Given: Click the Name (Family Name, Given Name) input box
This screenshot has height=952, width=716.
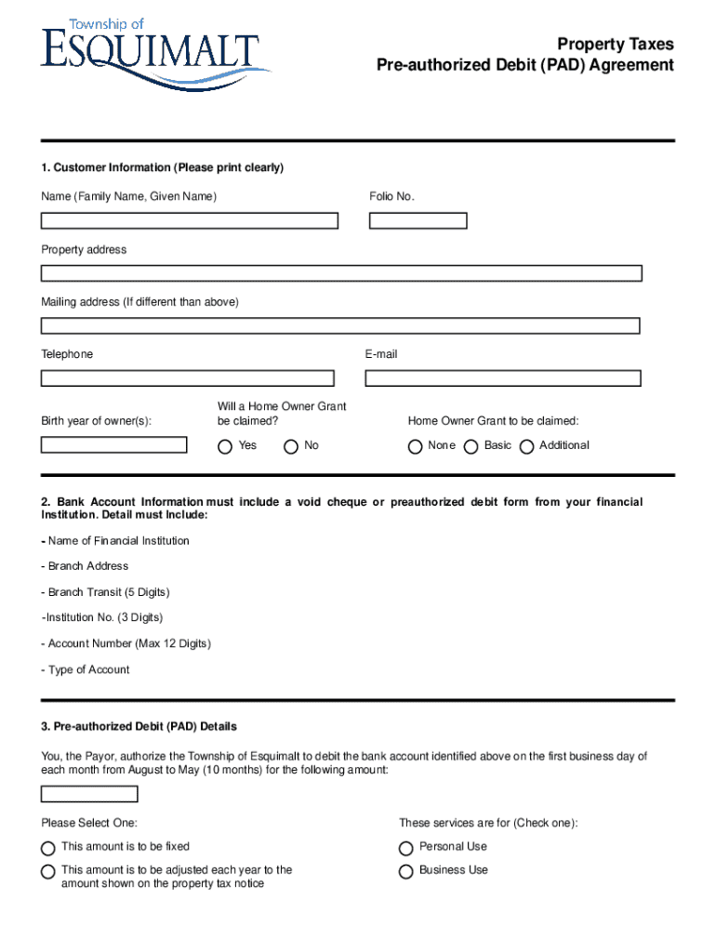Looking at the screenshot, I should point(189,221).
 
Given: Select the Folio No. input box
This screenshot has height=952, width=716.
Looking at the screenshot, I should point(418,221).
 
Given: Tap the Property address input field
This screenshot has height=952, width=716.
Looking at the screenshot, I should point(341,273).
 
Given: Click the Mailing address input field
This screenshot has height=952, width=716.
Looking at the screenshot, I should point(340,325).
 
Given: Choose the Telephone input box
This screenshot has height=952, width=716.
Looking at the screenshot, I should point(187,378).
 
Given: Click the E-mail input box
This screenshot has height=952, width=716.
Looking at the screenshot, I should point(502,378).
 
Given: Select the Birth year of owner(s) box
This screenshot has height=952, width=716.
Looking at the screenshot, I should point(113,444).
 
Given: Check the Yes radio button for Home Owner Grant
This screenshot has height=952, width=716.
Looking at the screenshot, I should point(225,446).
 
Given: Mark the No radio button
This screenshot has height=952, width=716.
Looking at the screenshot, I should point(291,446).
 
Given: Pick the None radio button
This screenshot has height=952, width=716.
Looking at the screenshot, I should point(415,446).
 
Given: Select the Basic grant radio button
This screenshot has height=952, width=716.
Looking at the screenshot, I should point(471,446).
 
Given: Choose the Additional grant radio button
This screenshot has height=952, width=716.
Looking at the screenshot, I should point(526,446).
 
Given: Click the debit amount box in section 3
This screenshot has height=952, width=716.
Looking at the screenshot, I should point(89,794).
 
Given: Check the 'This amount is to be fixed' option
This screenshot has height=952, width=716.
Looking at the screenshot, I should point(47,848).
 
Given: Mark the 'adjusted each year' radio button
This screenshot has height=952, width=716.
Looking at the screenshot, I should point(47,871).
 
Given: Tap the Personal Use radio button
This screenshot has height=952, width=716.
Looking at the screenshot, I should point(405,848).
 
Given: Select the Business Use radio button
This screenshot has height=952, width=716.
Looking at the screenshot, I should point(405,871).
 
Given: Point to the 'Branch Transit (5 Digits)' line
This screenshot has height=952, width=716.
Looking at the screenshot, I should point(105,592).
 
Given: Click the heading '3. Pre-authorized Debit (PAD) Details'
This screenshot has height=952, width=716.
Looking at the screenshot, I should point(139,726).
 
